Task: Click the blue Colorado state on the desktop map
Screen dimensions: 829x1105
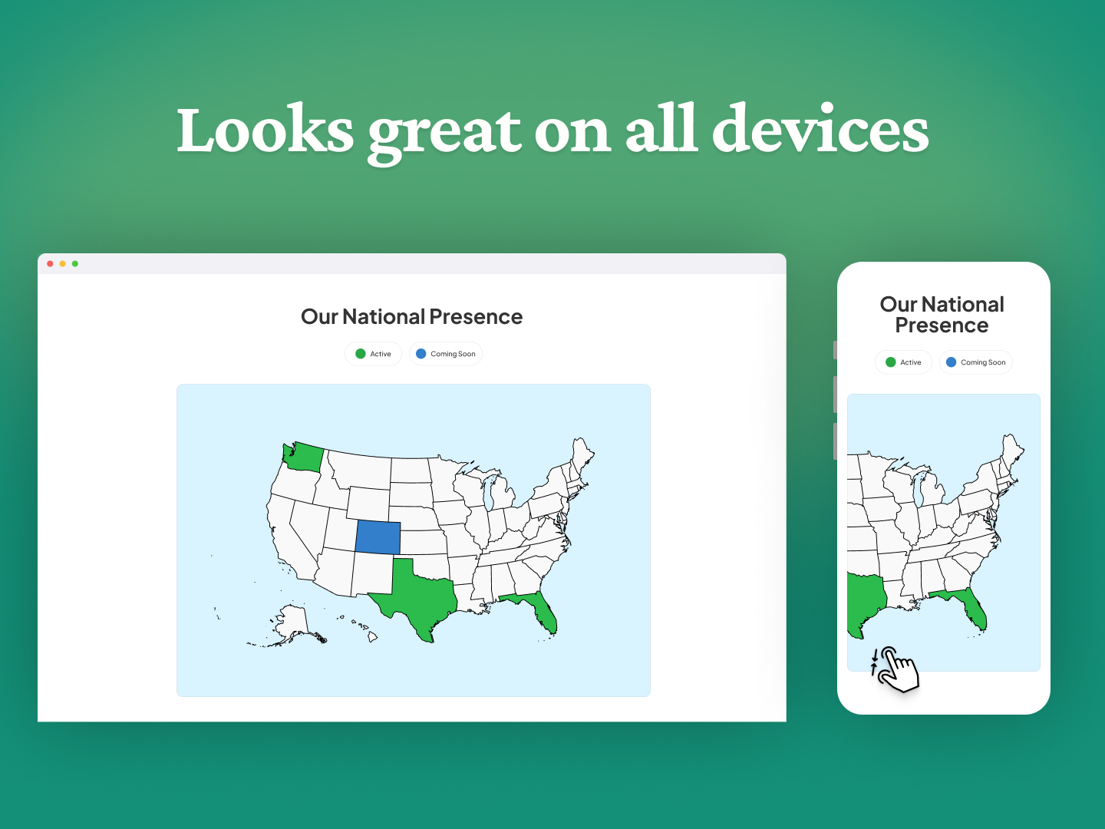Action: (x=378, y=537)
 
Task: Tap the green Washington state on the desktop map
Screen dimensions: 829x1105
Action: (x=303, y=457)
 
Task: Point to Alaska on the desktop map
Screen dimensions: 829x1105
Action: (x=292, y=623)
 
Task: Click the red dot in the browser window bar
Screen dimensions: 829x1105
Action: (x=51, y=264)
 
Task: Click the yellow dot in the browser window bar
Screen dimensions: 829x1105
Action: (x=63, y=264)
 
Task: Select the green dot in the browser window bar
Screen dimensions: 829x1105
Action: (x=75, y=264)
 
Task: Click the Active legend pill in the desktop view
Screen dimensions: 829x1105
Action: (x=374, y=354)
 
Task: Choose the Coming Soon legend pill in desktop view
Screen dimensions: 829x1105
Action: (x=446, y=354)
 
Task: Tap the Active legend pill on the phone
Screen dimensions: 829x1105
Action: (x=903, y=362)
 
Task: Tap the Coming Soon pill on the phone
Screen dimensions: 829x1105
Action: (x=975, y=362)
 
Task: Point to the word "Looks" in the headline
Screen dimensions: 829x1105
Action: (x=265, y=130)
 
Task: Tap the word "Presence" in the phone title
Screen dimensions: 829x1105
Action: (x=942, y=325)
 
